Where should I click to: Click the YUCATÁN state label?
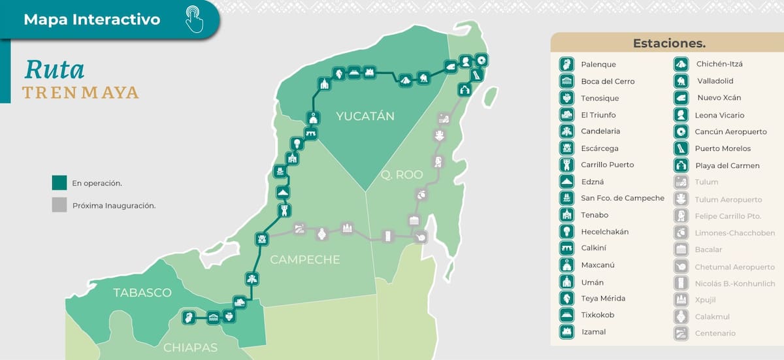coord(365,116)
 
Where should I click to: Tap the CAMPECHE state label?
coord(305,259)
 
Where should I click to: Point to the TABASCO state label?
coord(142,292)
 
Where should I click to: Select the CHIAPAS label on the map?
coord(191,347)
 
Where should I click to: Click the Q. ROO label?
coord(402,174)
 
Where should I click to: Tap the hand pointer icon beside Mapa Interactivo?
coord(194,19)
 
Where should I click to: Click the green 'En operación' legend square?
coord(59,183)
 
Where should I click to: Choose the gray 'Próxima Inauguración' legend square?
coord(59,205)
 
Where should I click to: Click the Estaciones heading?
coord(669,44)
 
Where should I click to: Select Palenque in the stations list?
coord(598,65)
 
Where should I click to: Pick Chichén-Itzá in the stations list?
coord(719,64)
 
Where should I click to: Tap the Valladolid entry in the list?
coord(715,81)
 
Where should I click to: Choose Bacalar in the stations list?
coord(709,250)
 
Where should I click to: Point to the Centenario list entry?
coord(715,333)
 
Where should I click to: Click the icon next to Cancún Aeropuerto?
coord(681,131)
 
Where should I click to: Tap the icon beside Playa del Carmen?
coord(681,165)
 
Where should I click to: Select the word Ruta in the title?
coord(54,70)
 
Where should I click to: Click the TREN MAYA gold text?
coord(80,92)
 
